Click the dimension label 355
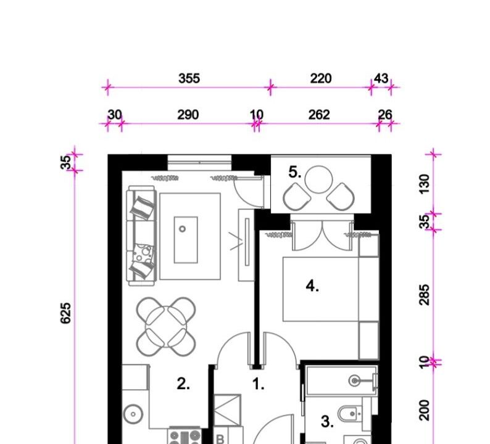click(189, 78)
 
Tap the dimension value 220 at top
click(321, 78)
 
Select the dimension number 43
click(381, 78)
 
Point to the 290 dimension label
click(188, 115)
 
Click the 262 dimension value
click(319, 115)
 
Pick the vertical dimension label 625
click(65, 313)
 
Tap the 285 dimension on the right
click(425, 294)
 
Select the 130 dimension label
click(425, 184)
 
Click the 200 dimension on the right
click(425, 410)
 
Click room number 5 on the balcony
click(295, 172)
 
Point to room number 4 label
click(312, 286)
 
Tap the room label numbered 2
click(183, 384)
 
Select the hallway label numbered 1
click(258, 384)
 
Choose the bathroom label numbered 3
click(327, 422)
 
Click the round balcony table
click(318, 179)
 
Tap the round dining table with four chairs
click(166, 327)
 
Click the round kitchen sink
click(133, 414)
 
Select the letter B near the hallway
click(220, 439)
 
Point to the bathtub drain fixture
click(354, 380)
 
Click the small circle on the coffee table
click(182, 229)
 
